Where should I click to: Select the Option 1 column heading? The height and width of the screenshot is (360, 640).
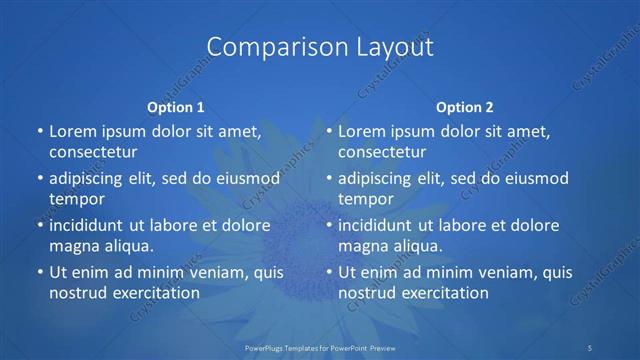175,106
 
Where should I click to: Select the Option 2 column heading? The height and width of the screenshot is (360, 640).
464,106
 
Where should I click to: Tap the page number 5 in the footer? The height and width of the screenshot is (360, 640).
592,348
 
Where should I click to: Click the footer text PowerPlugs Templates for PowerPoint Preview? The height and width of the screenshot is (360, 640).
319,348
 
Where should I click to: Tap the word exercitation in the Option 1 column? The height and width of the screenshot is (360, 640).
155,293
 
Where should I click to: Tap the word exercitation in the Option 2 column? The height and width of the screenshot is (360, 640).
444,293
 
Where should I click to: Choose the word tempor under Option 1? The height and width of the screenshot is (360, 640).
76,199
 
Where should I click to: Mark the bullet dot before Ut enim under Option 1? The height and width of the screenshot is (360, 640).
38,272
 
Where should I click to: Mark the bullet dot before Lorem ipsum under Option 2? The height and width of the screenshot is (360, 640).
327,131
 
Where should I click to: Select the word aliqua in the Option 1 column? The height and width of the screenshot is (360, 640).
129,246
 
